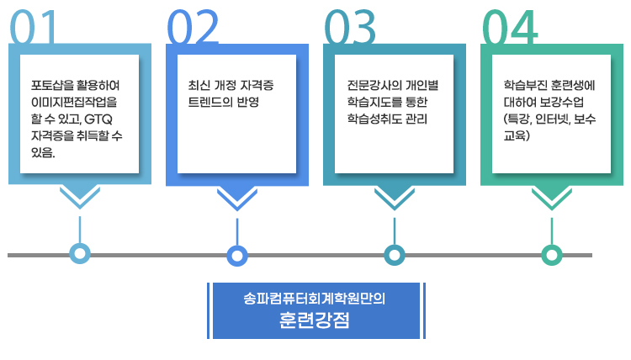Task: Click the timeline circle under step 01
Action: pos(80,253)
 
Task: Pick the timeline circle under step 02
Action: pos(237,254)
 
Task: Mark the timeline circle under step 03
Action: pos(394,254)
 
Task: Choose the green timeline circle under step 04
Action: pos(551,254)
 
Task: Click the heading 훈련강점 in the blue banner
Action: pos(314,321)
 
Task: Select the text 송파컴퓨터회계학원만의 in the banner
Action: pos(314,299)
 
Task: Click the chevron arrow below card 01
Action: pos(80,199)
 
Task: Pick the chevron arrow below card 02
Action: pos(237,199)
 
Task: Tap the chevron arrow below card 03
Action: pos(394,199)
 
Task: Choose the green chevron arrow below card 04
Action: pos(551,199)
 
